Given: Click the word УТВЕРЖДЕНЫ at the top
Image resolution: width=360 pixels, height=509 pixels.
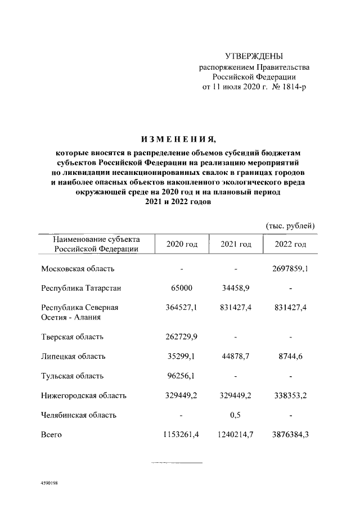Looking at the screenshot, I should click(x=254, y=56).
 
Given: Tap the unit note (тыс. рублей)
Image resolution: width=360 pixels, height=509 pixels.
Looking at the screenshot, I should click(x=290, y=226).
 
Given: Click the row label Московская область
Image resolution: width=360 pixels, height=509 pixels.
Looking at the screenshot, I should click(x=78, y=269).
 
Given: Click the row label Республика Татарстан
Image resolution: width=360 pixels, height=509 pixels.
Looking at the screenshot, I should click(x=81, y=289).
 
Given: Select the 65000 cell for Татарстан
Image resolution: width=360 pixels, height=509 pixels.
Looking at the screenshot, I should click(x=182, y=289).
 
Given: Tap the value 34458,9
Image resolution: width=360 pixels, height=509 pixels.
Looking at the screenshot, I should click(x=236, y=289).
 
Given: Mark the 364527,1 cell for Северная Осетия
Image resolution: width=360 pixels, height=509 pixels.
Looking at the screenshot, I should click(x=182, y=308).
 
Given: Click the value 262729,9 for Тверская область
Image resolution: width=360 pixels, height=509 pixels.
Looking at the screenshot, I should click(x=182, y=337).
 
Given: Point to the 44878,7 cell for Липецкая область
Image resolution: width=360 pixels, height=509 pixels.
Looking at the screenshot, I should click(x=236, y=357).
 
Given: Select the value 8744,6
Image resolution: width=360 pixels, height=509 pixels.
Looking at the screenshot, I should click(x=290, y=357).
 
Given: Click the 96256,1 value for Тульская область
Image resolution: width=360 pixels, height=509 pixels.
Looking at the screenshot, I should click(x=182, y=376).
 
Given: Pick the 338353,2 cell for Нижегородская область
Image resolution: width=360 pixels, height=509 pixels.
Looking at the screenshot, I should click(x=290, y=395).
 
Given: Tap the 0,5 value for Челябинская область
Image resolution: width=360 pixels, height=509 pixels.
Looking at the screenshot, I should click(x=236, y=415).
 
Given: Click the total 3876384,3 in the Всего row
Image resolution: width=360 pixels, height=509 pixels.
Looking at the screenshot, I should click(x=290, y=434).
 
